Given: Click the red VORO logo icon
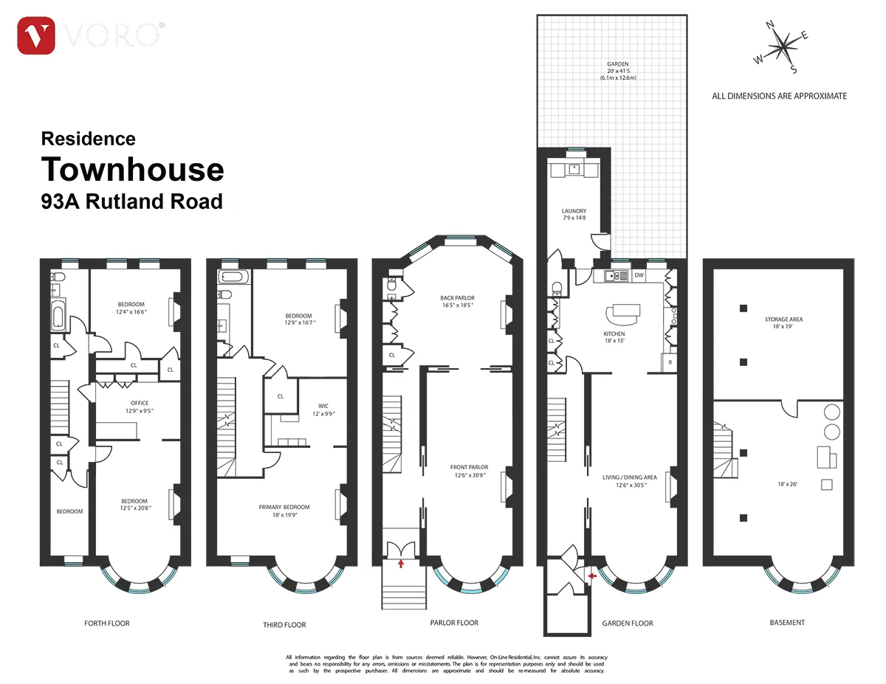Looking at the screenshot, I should pos(36,35).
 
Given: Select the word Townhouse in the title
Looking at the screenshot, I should pos(132,169).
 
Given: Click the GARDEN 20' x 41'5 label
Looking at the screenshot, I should pos(613,71).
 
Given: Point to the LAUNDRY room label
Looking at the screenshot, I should pos(574,214).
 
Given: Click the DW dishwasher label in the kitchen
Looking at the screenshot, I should pos(639,276).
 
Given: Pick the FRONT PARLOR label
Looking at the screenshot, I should pos(469,471).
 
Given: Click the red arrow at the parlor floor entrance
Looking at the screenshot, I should pos(401,564).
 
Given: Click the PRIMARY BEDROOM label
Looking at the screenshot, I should pos(284,511).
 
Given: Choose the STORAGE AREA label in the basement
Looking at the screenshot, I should pos(783,323).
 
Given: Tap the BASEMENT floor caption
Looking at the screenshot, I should pos(787,623).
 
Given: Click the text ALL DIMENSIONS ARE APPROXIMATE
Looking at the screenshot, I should pos(779,96).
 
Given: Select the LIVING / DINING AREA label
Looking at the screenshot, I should pos(630,481).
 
